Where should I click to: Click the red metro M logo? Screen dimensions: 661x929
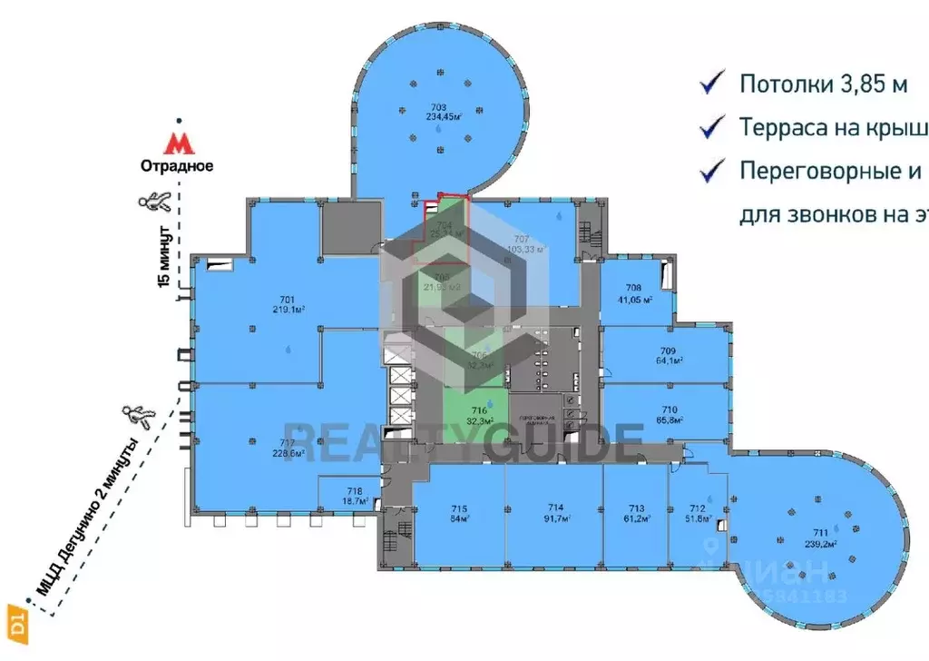point(179,143)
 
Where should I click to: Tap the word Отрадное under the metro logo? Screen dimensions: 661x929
point(176,166)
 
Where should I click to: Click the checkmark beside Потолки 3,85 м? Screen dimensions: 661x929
point(712,84)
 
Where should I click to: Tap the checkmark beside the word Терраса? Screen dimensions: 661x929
point(712,126)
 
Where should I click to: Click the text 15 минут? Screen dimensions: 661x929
point(165,258)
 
